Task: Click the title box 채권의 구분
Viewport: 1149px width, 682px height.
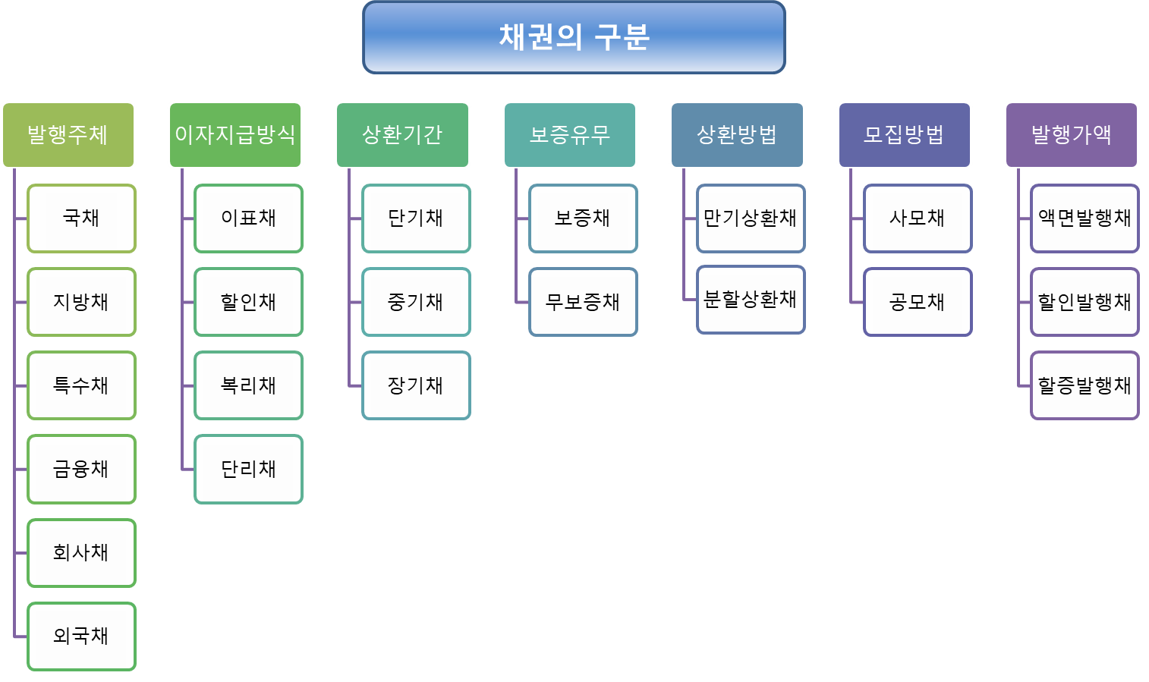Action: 574,37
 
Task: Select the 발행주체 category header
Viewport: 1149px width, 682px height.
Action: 68,134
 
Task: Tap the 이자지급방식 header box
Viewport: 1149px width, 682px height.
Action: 235,134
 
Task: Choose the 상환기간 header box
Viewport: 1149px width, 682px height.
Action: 402,134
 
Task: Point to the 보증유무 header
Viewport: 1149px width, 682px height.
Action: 570,134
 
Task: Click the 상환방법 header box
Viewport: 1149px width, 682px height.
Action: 737,134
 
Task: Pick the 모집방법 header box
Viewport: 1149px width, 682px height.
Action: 904,134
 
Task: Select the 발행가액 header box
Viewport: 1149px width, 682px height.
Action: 1071,134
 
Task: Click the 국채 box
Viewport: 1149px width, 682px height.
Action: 81,218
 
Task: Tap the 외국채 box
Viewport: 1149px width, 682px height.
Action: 81,636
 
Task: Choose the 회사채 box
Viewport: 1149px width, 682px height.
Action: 81,552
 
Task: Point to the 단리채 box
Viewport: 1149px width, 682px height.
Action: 248,469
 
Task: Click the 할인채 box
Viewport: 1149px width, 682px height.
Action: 248,302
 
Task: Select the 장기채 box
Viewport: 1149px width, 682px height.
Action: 416,385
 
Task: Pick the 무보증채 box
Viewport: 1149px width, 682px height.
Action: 583,302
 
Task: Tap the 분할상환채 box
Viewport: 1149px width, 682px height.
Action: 750,300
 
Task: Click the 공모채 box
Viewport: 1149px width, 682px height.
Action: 917,302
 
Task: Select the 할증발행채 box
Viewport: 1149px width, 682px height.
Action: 1084,385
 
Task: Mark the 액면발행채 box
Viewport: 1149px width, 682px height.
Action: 1084,218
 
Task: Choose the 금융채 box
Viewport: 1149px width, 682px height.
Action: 81,469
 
